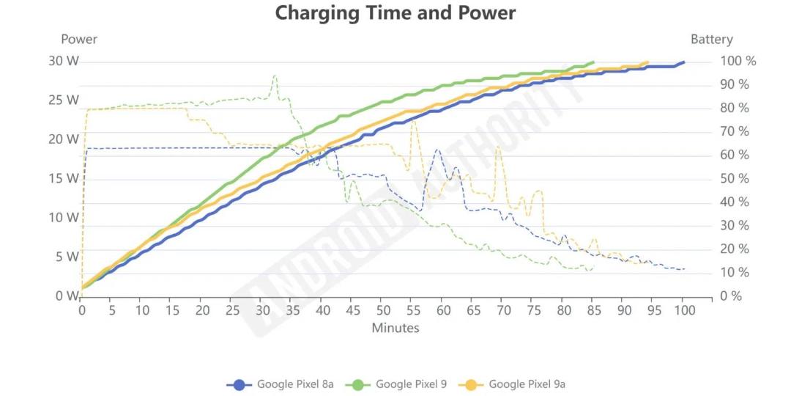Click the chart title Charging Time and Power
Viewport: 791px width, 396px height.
[x=395, y=12]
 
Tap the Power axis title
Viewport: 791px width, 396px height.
[x=79, y=39]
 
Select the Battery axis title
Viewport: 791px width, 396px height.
[x=712, y=40]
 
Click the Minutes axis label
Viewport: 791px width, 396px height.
[x=395, y=328]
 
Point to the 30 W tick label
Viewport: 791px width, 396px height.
[x=64, y=61]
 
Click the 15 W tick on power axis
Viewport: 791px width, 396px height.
[x=64, y=179]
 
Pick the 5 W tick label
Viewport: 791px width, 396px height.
[x=68, y=257]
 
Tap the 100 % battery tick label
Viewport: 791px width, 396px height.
[x=738, y=61]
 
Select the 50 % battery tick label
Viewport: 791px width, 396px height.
[x=735, y=179]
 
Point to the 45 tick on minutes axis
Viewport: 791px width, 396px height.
[x=353, y=310]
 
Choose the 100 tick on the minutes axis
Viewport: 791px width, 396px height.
[x=684, y=310]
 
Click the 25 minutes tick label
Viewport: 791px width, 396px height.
[x=233, y=310]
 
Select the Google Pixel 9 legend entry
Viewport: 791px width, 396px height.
[x=396, y=384]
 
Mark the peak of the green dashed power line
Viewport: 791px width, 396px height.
[x=275, y=76]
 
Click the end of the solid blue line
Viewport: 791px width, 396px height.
[x=684, y=62]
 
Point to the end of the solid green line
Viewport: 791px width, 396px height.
[x=593, y=62]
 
